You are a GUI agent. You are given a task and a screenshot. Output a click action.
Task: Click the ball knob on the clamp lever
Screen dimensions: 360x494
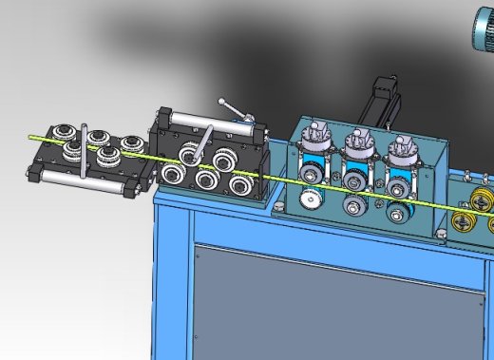221,102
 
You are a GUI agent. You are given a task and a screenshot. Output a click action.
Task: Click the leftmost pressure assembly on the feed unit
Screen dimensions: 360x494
311,151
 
